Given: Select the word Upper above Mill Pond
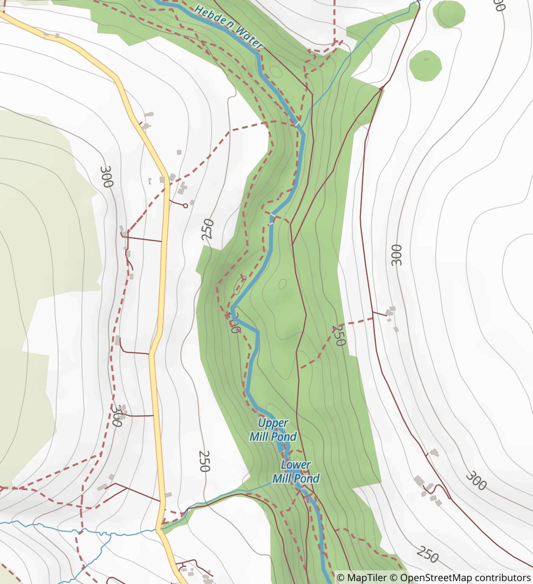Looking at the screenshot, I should coord(273,423).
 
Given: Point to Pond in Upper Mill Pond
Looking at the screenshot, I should coord(284,437).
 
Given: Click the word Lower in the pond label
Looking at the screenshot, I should coord(296,465).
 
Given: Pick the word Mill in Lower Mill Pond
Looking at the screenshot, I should coord(281,479).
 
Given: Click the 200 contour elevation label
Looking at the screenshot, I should coord(234,323).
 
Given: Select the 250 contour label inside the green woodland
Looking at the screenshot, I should coord(338,336).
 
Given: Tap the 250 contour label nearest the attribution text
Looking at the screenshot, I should coord(428,555).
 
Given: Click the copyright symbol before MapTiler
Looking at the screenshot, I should coord(341,578).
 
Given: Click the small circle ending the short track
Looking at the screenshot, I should coord(185,206).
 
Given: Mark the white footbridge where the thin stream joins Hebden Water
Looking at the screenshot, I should coord(297,124).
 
